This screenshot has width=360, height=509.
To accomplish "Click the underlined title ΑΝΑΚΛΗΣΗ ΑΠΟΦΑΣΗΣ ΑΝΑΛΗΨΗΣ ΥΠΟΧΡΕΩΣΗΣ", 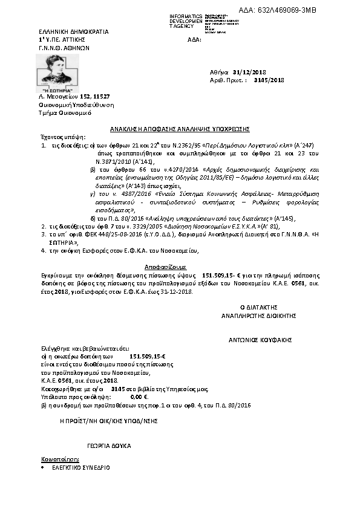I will (x=180, y=129).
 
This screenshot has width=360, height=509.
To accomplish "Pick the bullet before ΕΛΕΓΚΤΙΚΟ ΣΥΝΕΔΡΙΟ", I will (x=43, y=468).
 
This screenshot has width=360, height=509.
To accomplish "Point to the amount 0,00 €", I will (x=139, y=397).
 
